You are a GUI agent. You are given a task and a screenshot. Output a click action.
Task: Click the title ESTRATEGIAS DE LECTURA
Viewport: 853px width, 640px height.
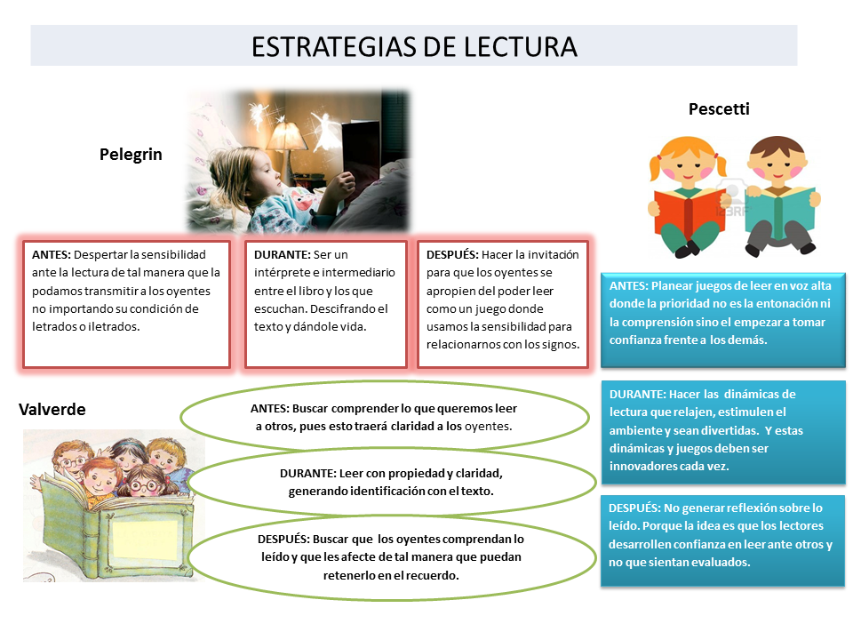[x=414, y=46]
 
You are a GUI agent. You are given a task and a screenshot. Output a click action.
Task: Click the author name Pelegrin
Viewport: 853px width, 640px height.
[x=131, y=154]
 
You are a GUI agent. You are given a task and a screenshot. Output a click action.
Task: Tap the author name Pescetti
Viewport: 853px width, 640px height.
[x=719, y=109]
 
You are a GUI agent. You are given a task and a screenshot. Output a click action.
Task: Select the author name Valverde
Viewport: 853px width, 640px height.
[x=52, y=409]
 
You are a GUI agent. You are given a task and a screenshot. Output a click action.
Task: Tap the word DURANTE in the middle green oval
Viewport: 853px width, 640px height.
[x=299, y=474]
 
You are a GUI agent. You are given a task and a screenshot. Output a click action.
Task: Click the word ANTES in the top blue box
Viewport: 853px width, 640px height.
[x=628, y=286]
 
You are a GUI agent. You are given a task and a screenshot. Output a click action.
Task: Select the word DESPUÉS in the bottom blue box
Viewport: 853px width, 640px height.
[x=634, y=508]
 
